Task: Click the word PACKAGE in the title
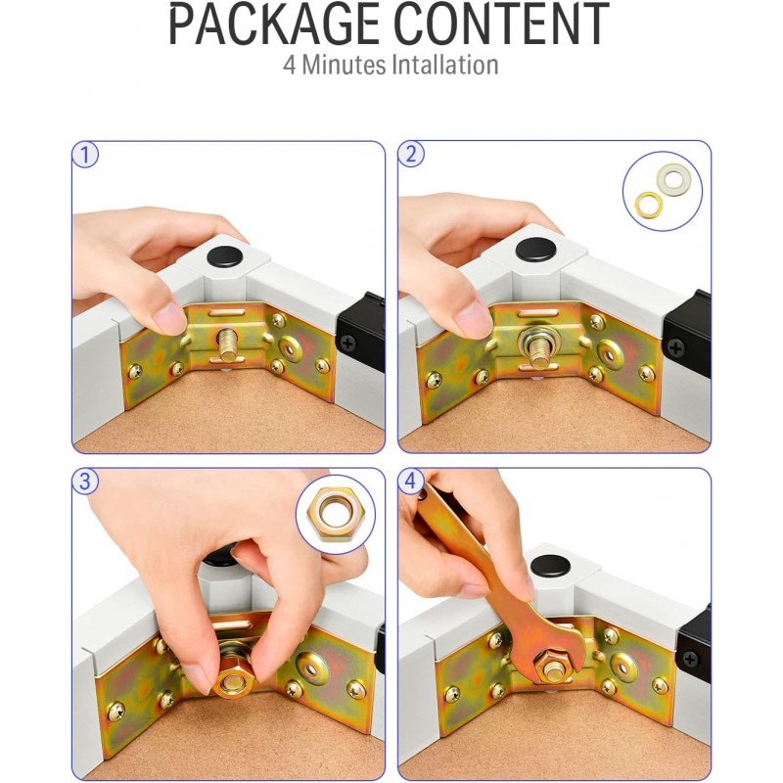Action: (274, 24)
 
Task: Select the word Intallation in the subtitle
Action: (445, 66)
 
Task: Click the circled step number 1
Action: (85, 155)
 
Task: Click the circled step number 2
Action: (411, 154)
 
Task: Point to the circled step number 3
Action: (85, 482)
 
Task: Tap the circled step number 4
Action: (411, 482)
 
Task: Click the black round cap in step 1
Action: (224, 255)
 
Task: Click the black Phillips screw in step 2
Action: (675, 347)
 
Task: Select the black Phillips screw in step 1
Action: (348, 343)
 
